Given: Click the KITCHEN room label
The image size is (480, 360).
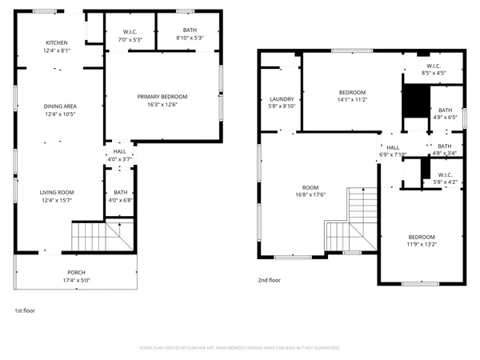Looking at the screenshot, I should point(56,42).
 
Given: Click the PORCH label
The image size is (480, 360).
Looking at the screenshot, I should point(76,272).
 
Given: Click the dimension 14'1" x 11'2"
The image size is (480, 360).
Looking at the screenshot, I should point(352,100).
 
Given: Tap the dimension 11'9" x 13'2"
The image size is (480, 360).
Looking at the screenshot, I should point(422,245).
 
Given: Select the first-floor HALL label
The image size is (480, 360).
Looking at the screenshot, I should point(119,150).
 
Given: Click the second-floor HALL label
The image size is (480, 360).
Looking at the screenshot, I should point(393,147).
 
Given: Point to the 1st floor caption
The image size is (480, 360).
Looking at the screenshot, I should point(25,310).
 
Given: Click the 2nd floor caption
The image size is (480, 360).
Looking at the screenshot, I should point(269,281).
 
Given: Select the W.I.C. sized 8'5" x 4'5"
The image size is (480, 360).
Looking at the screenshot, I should point(434,66).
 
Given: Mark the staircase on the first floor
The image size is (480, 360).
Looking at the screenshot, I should point(93,236).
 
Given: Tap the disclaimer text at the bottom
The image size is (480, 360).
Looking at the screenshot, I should point(240,348).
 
